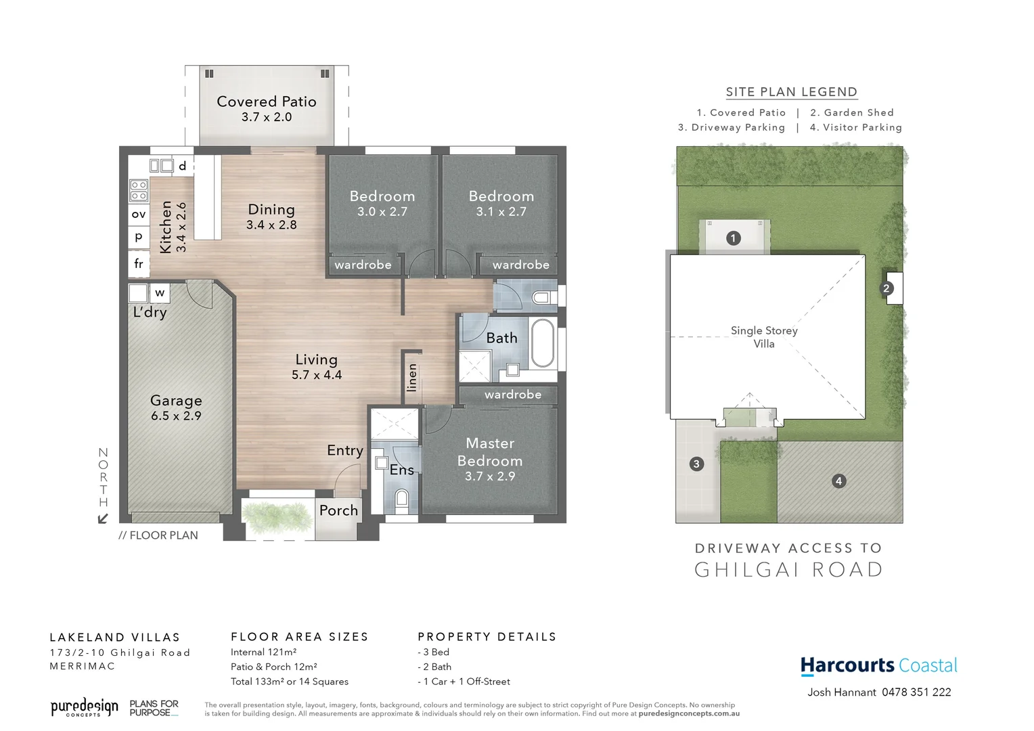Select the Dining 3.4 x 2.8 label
pos(271,217)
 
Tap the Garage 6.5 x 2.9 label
pos(176,407)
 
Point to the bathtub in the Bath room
pos(543,343)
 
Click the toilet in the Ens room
pos(401,500)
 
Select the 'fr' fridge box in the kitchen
pos(139,264)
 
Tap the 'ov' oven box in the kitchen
pos(139,215)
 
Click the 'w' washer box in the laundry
pos(160,293)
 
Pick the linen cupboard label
pos(411,378)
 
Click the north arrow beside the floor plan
pos(103,518)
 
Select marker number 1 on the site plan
pos(733,238)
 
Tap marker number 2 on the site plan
pos(886,288)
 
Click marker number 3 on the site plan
pos(696,464)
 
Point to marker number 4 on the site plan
pos(838,481)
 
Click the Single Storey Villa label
pos(764,337)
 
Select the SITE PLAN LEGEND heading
pos(791,92)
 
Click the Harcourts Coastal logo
pos(878,666)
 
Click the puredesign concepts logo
pos(84,708)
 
